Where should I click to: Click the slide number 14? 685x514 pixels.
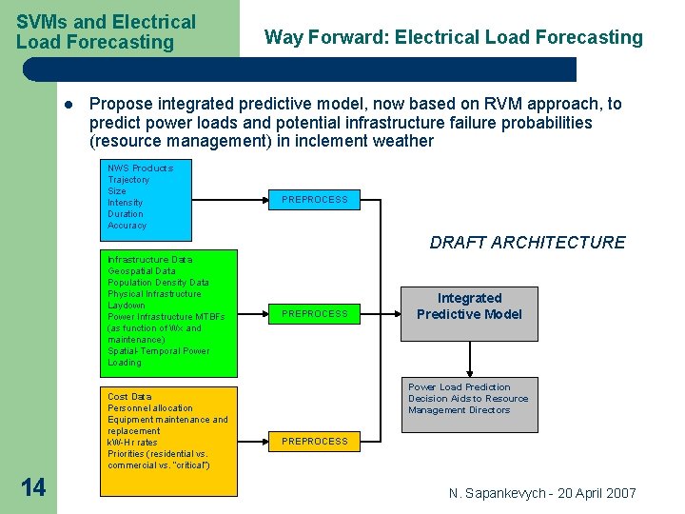pyautogui.click(x=32, y=488)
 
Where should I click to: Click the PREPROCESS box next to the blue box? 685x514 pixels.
pyautogui.click(x=314, y=200)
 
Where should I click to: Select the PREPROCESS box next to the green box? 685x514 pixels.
pyautogui.click(x=314, y=313)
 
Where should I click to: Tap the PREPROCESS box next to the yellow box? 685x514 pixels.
pyautogui.click(x=314, y=441)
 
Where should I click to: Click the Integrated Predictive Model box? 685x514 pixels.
pyautogui.click(x=469, y=306)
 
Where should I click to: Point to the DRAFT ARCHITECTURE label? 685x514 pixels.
pyautogui.click(x=527, y=243)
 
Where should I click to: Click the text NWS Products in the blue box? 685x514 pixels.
pyautogui.click(x=140, y=168)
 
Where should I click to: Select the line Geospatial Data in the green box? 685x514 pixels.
pyautogui.click(x=142, y=271)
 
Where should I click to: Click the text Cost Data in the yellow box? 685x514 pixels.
pyautogui.click(x=129, y=397)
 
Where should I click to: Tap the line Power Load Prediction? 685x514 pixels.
pyautogui.click(x=459, y=387)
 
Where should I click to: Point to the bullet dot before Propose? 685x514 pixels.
pyautogui.click(x=69, y=105)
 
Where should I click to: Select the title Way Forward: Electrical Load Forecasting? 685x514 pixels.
pyautogui.click(x=453, y=38)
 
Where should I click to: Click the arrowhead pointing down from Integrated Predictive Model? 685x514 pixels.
pyautogui.click(x=469, y=371)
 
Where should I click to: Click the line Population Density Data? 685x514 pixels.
pyautogui.click(x=158, y=283)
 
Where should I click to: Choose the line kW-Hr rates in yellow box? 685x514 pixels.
pyautogui.click(x=132, y=443)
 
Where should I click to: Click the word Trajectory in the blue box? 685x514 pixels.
pyautogui.click(x=128, y=180)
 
